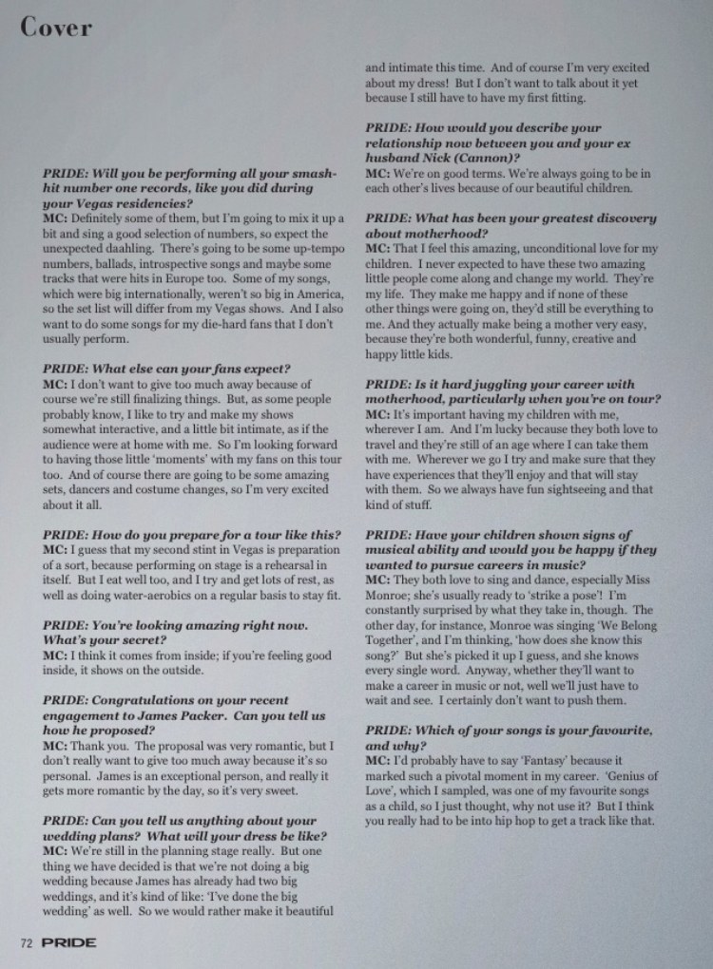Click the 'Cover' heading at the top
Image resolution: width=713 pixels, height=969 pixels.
pyautogui.click(x=56, y=28)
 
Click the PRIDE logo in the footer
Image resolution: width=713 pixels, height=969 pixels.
pyautogui.click(x=68, y=942)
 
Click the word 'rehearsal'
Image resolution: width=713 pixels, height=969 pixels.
pyautogui.click(x=290, y=564)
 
